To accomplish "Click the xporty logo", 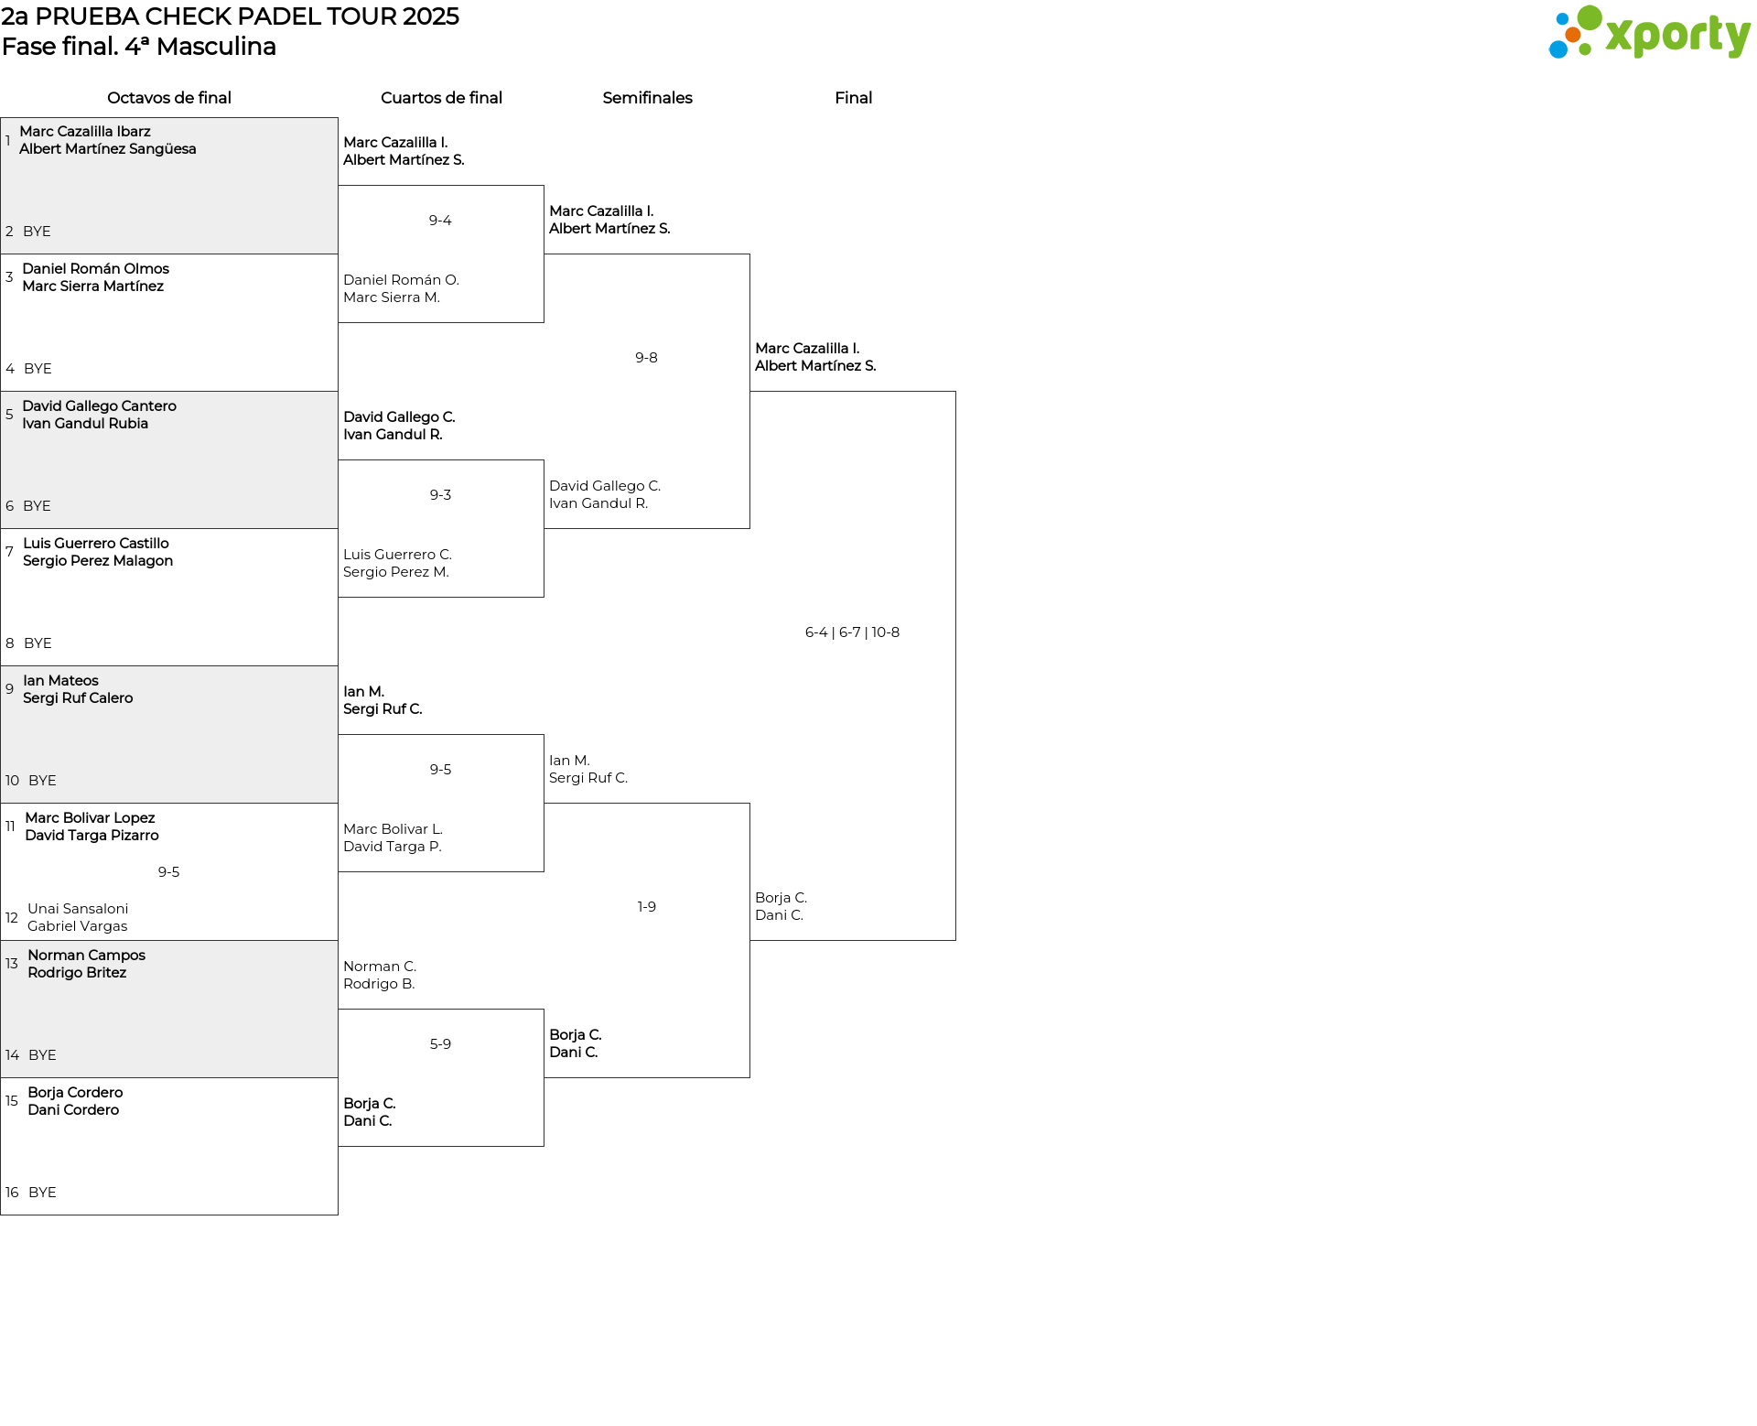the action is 1649,32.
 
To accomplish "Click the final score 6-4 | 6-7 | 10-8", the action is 852,632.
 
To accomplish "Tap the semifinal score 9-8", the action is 646,358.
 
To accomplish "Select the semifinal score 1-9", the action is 646,907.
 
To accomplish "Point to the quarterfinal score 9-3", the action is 440,495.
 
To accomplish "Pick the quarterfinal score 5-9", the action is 440,1044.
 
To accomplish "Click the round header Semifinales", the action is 647,98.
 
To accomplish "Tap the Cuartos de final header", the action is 441,98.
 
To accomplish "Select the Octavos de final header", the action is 169,98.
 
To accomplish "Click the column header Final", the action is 853,98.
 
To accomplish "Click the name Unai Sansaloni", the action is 78,909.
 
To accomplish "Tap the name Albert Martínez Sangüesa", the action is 108,149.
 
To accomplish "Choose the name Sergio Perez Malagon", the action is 98,561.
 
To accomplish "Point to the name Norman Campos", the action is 86,956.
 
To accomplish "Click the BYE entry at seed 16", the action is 42,1193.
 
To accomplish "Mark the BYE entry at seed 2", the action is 37,232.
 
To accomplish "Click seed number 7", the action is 9,552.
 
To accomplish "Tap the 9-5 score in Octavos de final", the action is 168,872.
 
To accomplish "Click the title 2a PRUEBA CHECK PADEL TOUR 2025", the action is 231,16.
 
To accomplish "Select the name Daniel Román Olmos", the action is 96,269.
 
